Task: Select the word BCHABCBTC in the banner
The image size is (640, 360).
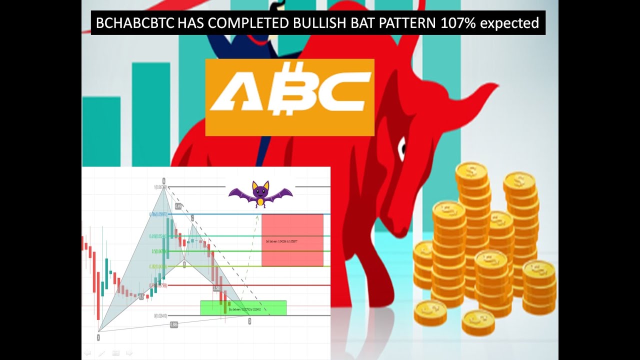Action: (x=135, y=23)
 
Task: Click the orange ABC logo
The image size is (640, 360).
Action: (x=289, y=97)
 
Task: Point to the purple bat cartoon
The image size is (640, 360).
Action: (x=260, y=193)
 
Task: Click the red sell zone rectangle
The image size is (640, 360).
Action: (x=292, y=240)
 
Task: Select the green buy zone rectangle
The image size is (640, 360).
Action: (x=243, y=308)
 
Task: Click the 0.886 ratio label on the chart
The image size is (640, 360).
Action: (x=174, y=324)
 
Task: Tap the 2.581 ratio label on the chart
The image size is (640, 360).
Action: (x=217, y=288)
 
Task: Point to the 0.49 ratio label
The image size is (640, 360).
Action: (x=178, y=206)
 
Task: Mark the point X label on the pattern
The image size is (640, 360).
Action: (x=98, y=337)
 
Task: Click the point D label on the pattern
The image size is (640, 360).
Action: (x=249, y=321)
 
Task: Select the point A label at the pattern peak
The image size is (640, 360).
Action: (x=163, y=180)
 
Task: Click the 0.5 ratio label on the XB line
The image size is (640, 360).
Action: (x=141, y=296)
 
